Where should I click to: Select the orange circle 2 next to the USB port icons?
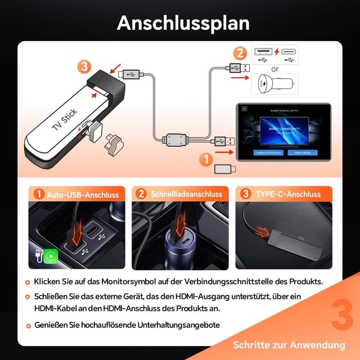(240, 55)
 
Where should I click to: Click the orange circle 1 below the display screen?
(206, 159)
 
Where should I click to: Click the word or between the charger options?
(275, 69)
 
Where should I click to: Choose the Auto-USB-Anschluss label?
(82, 195)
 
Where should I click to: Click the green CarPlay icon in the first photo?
(52, 256)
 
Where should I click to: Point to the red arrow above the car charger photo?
(181, 224)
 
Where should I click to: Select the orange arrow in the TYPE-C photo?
(262, 231)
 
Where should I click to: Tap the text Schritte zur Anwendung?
(289, 345)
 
